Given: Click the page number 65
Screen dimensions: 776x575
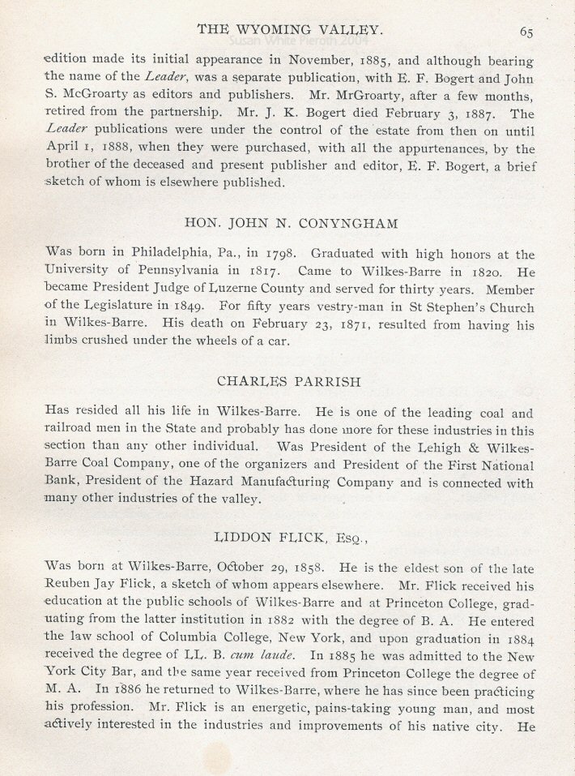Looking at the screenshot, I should [x=527, y=32].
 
